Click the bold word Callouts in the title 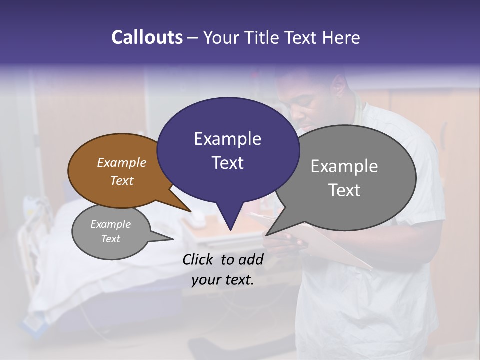click(147, 37)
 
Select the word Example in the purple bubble click(227, 139)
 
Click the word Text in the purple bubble click(227, 162)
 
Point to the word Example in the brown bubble click(121, 162)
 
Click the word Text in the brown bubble click(121, 180)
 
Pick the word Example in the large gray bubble click(344, 166)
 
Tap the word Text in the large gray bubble click(344, 190)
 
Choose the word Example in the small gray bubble click(110, 224)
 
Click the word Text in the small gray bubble click(110, 239)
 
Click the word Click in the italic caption click(199, 259)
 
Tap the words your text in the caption click(223, 280)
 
